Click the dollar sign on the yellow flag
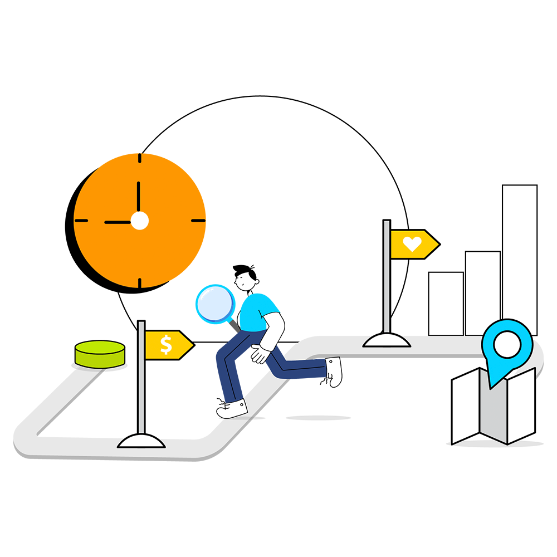point(166,345)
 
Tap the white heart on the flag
point(412,243)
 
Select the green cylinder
point(100,354)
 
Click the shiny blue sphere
point(216,304)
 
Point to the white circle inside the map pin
point(507,344)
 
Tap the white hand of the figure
point(260,353)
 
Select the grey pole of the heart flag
point(387,278)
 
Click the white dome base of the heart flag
point(387,340)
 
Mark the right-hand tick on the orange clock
point(198,221)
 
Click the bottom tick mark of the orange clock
point(139,282)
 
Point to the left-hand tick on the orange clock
point(81,221)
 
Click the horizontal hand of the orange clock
point(118,222)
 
